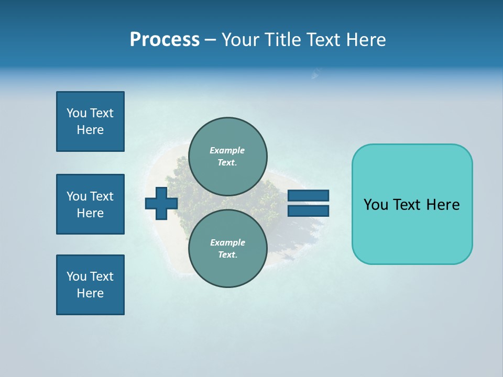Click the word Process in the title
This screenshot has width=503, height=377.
coord(165,40)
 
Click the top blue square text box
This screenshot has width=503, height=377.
coord(90,121)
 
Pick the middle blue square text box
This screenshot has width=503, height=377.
coord(90,204)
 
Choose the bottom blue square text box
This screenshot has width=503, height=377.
coord(90,285)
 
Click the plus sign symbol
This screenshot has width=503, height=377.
coord(161,204)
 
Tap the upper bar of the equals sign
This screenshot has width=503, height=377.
coord(308,196)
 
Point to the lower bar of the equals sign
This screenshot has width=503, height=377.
coord(308,210)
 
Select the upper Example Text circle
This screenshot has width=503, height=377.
coord(227,157)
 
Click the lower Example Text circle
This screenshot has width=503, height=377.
coord(227,249)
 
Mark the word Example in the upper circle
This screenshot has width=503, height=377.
coord(227,150)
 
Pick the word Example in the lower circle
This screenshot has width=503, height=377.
coord(227,242)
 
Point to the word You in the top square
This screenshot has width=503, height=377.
coord(76,113)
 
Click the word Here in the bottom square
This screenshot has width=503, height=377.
coord(90,293)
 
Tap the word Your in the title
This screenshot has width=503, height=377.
coord(240,40)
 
